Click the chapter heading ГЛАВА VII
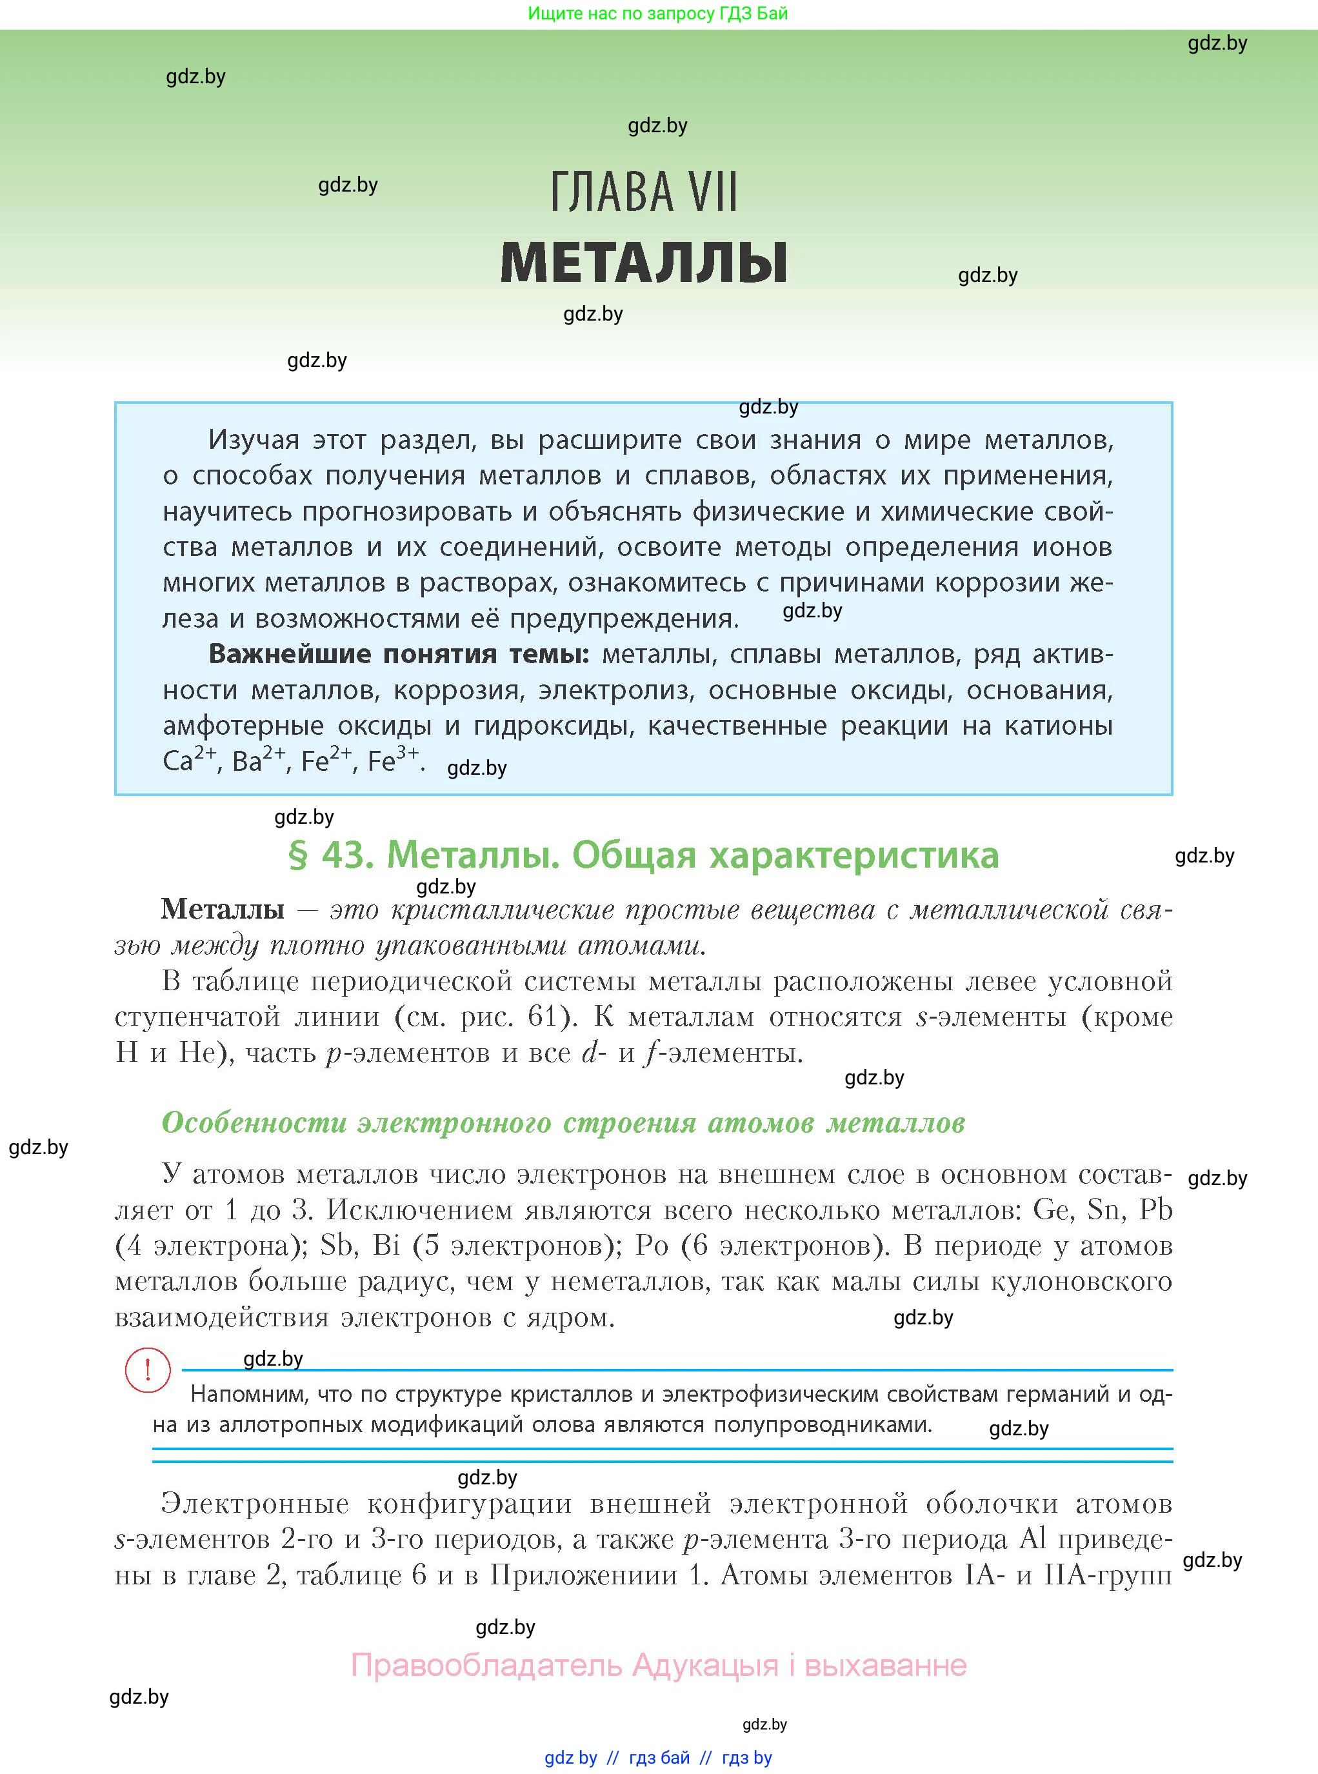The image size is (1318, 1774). [643, 192]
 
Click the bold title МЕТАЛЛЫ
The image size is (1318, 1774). [643, 263]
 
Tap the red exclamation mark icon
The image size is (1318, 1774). [148, 1370]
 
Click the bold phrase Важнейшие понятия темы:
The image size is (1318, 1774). [398, 654]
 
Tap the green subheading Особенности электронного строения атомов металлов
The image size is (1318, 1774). [563, 1123]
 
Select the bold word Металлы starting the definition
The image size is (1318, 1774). [223, 910]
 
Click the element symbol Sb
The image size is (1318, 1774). [337, 1246]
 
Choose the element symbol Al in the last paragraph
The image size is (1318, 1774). [1033, 1539]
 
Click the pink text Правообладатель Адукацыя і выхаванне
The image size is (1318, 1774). [659, 1666]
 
